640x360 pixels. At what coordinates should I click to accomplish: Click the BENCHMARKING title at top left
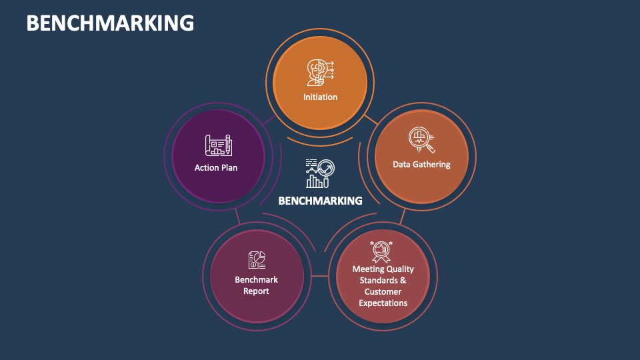[x=110, y=23]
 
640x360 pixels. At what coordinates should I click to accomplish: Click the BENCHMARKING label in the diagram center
[x=320, y=200]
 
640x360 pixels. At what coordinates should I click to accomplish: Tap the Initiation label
[x=320, y=97]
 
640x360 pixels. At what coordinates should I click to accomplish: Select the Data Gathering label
[x=421, y=164]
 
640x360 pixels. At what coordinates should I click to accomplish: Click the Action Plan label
[x=216, y=167]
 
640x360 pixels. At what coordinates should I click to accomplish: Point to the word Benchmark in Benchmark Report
[x=257, y=279]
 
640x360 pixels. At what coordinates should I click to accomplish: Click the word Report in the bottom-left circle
[x=257, y=291]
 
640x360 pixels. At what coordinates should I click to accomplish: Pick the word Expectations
[x=383, y=303]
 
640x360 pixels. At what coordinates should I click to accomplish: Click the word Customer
[x=383, y=291]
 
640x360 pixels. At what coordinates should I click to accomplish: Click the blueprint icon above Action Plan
[x=218, y=145]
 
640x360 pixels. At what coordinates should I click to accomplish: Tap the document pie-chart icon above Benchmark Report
[x=257, y=259]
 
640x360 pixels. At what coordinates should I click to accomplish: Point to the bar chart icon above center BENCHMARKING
[x=319, y=173]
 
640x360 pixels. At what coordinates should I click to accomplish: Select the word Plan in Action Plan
[x=229, y=167]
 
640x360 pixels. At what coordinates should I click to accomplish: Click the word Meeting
[x=368, y=269]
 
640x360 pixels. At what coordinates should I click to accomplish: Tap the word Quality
[x=399, y=269]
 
